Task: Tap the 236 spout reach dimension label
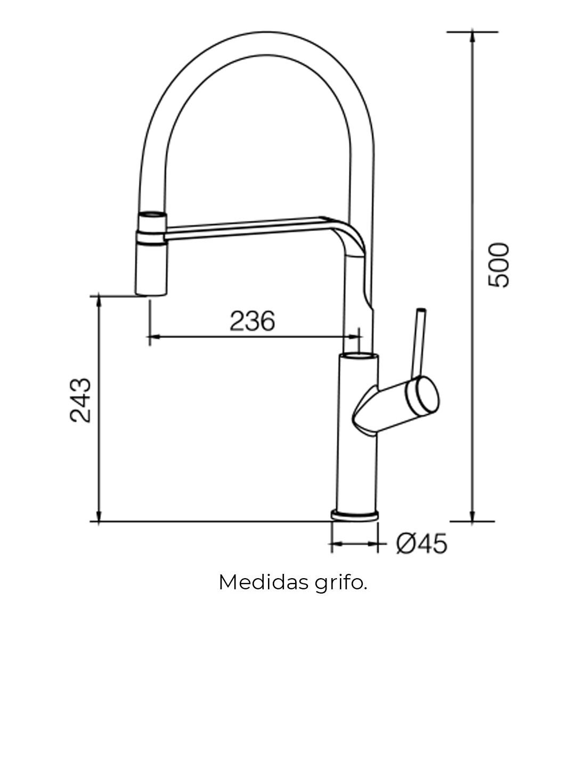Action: click(x=253, y=321)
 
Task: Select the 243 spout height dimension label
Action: click(x=80, y=400)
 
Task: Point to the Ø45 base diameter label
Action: click(x=421, y=544)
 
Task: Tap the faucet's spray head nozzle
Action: click(x=151, y=253)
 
